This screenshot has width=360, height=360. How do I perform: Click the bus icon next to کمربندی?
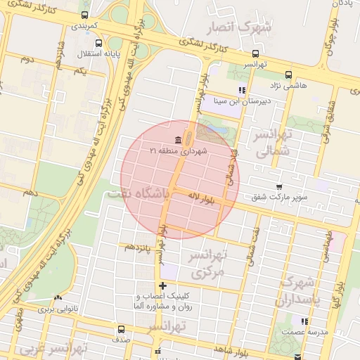tap(85, 15)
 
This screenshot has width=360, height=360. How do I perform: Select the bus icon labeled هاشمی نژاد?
tap(288, 75)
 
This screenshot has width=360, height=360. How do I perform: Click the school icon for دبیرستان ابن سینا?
tap(242, 90)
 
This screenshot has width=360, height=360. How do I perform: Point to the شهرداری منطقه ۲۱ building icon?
tap(177, 139)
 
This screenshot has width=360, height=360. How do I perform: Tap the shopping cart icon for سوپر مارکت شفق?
tap(280, 187)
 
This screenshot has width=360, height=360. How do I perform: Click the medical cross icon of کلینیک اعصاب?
tap(163, 285)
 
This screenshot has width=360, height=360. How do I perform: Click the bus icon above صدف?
tap(122, 328)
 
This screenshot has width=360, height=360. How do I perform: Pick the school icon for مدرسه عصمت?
tap(304, 321)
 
